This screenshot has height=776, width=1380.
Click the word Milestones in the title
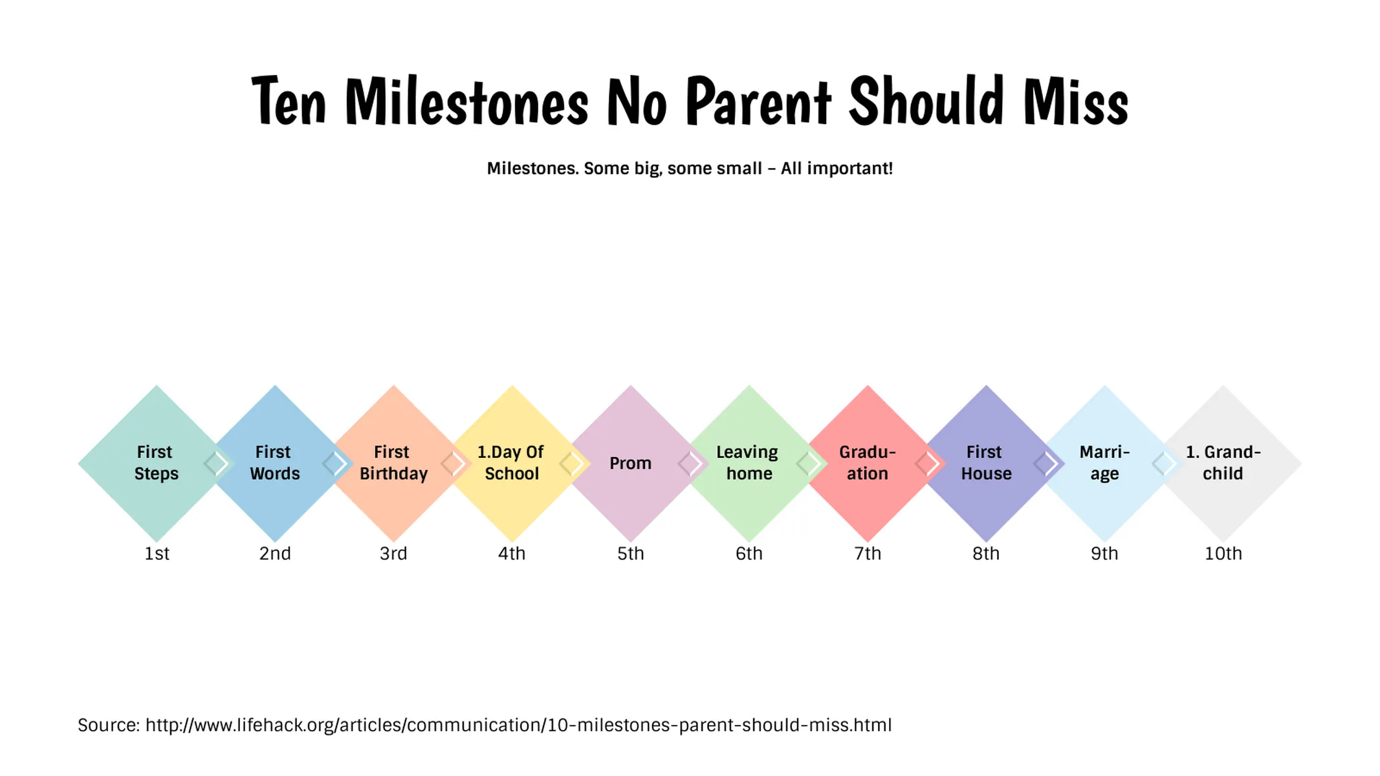pyautogui.click(x=466, y=102)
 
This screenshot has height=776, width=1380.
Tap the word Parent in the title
pyautogui.click(x=758, y=102)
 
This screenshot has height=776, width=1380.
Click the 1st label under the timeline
pyautogui.click(x=157, y=554)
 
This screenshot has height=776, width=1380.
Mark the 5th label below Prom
pyautogui.click(x=630, y=554)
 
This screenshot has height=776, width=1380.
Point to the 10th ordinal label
pyautogui.click(x=1223, y=554)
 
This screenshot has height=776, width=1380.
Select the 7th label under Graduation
pyautogui.click(x=868, y=554)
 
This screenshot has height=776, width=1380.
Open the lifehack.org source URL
pyautogui.click(x=518, y=725)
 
